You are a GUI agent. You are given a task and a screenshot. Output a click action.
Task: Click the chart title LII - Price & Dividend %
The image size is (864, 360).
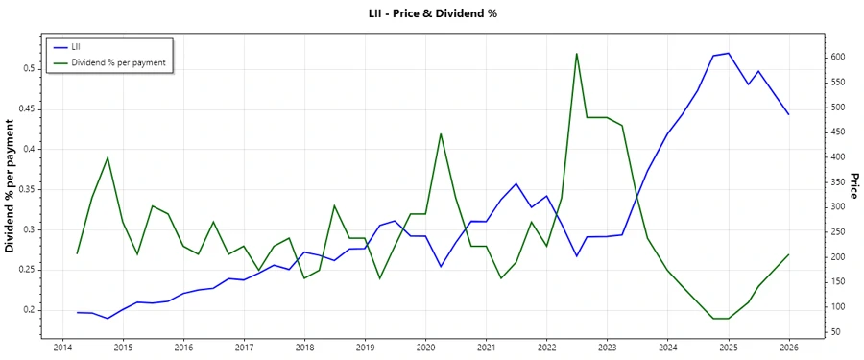432,13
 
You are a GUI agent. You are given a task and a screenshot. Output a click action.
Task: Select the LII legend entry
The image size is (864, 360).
78,47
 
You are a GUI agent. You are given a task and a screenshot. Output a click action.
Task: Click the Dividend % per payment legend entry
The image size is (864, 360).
118,62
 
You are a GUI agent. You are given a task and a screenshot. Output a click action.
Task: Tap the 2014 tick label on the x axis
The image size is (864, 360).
62,348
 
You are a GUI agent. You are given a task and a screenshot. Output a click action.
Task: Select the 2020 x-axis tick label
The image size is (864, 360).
425,348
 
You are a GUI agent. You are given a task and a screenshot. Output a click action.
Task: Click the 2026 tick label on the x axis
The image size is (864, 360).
788,348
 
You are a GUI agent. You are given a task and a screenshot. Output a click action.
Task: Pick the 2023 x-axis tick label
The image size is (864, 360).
607,348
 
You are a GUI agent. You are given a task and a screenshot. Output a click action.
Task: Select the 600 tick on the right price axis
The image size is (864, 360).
838,57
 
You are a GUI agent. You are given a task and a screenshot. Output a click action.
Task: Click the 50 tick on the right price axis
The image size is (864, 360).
835,332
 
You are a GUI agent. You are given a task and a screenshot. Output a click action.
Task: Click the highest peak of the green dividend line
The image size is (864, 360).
577,54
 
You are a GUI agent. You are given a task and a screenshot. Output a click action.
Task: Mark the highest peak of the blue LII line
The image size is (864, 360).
729,53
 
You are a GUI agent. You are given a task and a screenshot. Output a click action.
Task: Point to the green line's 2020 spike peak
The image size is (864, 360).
441,133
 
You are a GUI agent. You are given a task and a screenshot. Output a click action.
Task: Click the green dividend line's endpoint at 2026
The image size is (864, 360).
788,254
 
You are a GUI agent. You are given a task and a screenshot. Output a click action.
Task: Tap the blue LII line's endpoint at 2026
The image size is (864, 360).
788,114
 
